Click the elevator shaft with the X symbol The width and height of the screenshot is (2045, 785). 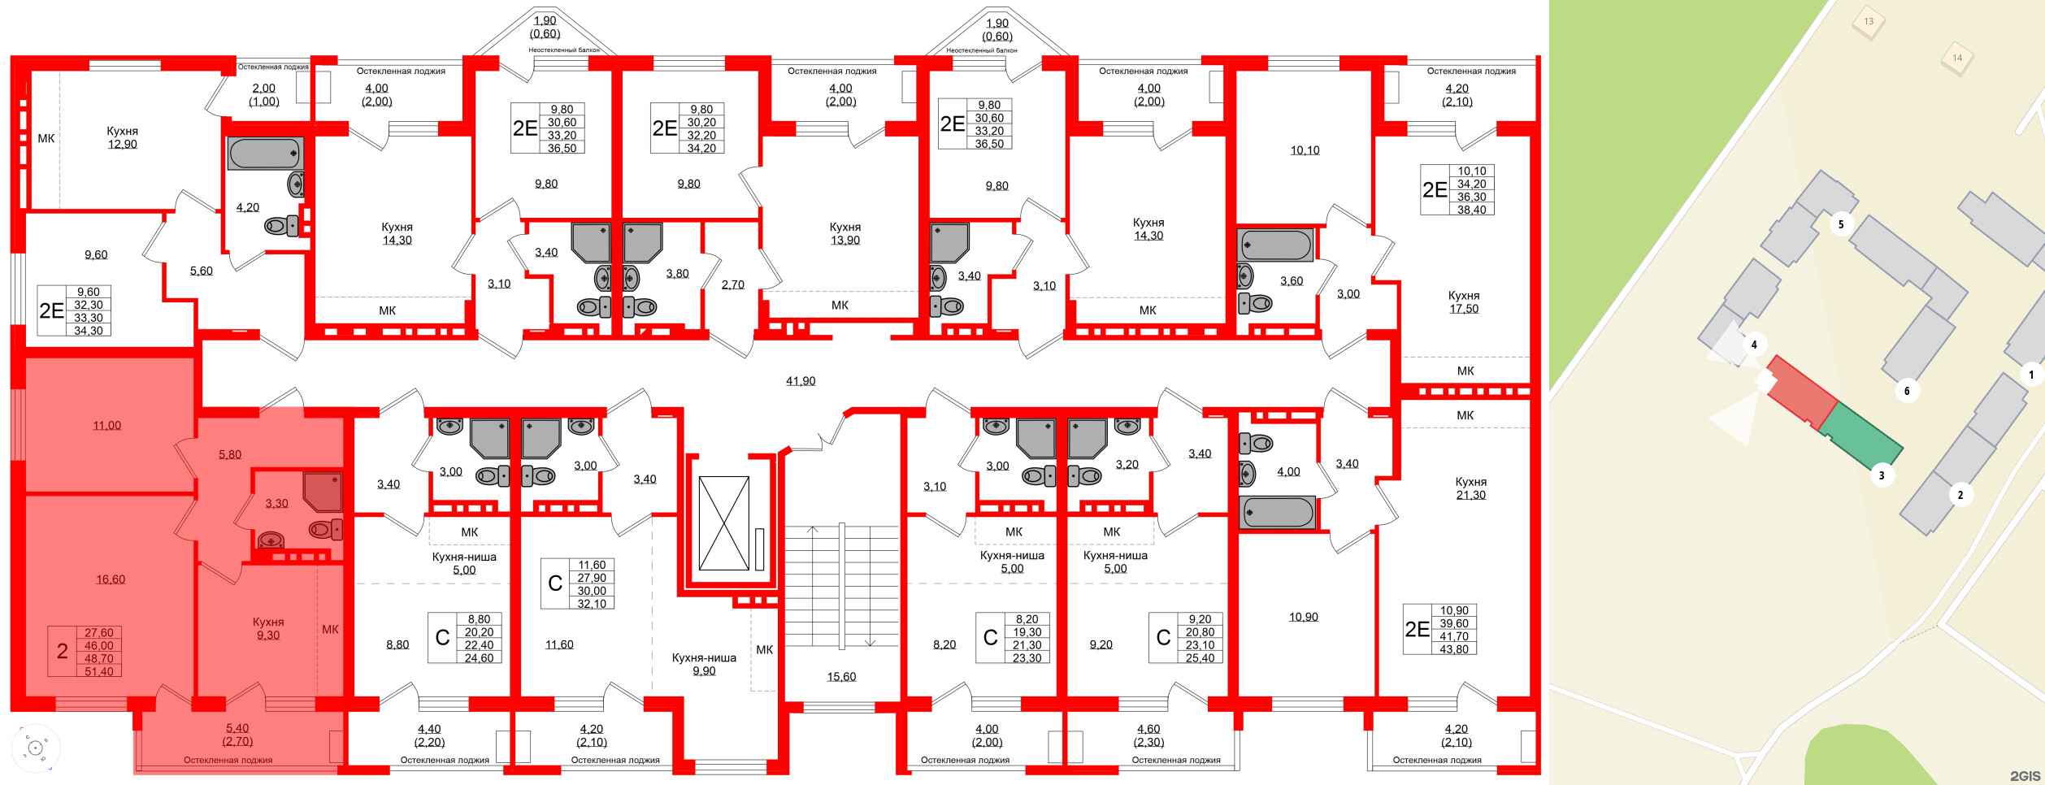click(723, 523)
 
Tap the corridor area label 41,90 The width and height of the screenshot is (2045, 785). click(800, 381)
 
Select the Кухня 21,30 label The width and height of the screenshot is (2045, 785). click(1470, 488)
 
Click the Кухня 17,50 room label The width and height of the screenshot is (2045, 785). click(1463, 302)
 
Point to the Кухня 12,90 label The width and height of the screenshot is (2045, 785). click(122, 137)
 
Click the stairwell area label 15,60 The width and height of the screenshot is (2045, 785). click(840, 676)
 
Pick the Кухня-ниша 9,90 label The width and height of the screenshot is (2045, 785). click(704, 664)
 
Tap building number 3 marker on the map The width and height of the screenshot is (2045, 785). click(1881, 475)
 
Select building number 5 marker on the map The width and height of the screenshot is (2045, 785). click(1840, 224)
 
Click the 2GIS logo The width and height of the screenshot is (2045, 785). click(2025, 776)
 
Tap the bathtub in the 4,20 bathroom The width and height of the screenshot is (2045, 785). click(265, 154)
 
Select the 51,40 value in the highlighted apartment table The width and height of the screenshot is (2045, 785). click(99, 671)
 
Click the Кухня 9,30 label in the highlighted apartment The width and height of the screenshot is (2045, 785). click(267, 628)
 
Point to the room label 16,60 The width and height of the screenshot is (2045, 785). click(111, 579)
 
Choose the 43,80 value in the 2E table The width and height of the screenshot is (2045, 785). click(1454, 649)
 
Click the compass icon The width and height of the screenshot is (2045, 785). click(35, 747)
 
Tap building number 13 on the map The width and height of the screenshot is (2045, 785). click(1868, 22)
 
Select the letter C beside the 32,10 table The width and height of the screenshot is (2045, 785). click(555, 583)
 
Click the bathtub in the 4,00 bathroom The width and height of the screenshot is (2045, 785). click(1277, 513)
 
